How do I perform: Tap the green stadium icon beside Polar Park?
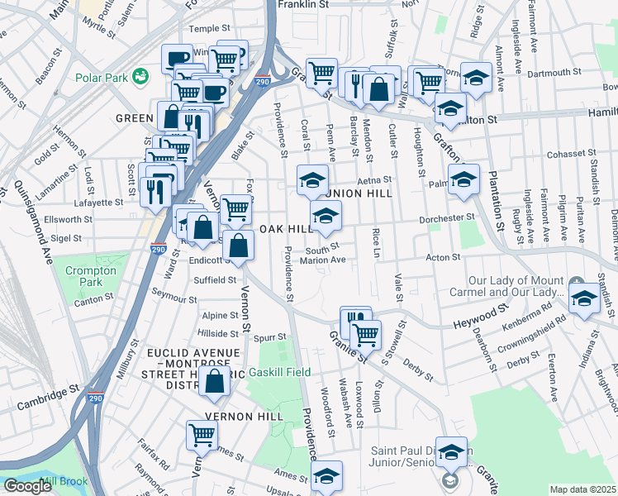[142, 77]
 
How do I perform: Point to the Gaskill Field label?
[281, 372]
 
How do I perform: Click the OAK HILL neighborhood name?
[286, 229]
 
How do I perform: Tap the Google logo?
[27, 486]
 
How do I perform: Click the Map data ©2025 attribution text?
[582, 489]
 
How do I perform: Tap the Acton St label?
[443, 258]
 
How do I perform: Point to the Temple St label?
[210, 29]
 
